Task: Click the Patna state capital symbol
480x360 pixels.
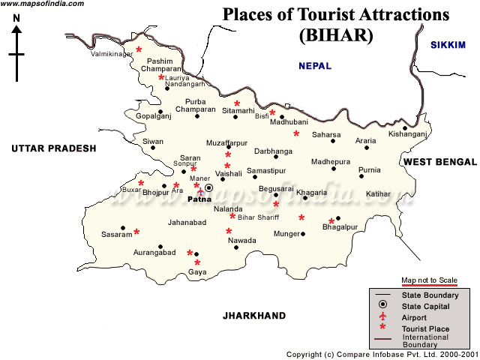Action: coord(209,187)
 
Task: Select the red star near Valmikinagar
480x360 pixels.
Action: coord(138,50)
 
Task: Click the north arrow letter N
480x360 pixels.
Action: coord(16,29)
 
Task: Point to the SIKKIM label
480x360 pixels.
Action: coord(448,46)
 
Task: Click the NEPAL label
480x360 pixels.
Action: coord(315,66)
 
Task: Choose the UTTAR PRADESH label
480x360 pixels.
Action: coord(54,148)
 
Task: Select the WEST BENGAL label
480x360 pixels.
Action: coord(439,162)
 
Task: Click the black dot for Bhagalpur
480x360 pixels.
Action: coord(338,218)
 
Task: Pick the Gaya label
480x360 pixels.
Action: coord(197,272)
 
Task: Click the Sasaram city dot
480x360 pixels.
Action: coord(123,228)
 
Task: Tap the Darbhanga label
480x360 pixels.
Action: coord(273,151)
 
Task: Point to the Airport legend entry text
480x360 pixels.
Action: coord(415,317)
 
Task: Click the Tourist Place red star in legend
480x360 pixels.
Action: coord(382,328)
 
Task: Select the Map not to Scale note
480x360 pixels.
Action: coord(429,280)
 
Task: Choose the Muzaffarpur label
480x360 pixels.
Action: coord(226,142)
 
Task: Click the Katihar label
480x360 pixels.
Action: coord(379,194)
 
